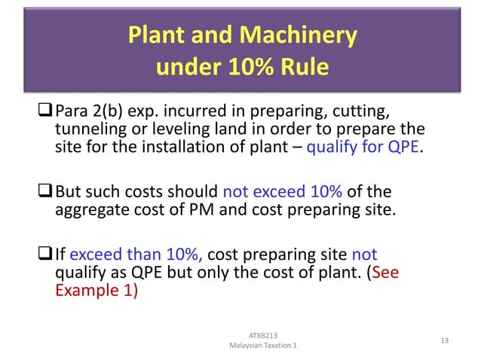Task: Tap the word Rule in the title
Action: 302,69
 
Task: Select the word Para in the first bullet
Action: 75,114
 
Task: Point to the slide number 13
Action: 443,341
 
